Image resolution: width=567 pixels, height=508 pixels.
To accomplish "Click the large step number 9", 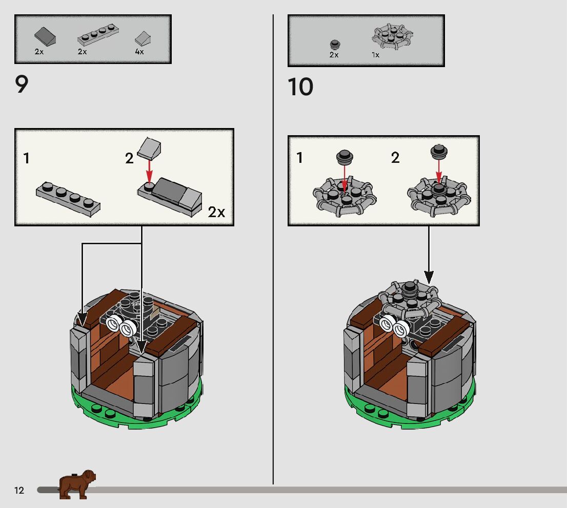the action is click(x=22, y=84).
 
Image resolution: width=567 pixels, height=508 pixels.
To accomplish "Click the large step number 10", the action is click(x=300, y=87).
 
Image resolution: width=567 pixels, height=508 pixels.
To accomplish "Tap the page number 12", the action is click(x=19, y=490).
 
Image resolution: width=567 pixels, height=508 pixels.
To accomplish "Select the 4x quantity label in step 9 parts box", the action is click(x=139, y=52).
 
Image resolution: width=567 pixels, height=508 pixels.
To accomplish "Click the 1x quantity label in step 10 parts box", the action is click(x=375, y=55).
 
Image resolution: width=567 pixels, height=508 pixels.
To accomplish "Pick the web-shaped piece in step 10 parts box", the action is click(x=392, y=36).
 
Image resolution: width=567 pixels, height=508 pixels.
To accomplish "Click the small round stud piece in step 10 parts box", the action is click(x=335, y=45).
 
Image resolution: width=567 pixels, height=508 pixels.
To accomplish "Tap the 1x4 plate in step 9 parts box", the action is click(x=98, y=35).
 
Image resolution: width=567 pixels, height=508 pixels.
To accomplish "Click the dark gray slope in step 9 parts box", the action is click(x=45, y=36).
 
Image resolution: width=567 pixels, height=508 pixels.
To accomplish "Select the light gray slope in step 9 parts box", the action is click(x=143, y=38).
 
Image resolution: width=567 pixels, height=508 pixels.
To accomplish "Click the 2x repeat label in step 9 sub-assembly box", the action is click(x=216, y=212).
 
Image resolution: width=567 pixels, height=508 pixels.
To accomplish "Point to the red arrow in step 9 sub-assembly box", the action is click(x=149, y=172).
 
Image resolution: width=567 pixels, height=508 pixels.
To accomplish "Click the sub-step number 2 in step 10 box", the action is click(x=395, y=158).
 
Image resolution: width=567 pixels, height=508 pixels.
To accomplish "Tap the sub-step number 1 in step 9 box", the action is click(x=26, y=158).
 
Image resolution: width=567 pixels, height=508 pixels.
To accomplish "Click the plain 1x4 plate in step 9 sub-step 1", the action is click(x=68, y=199).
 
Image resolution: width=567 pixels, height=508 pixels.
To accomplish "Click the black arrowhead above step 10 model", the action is click(x=429, y=278).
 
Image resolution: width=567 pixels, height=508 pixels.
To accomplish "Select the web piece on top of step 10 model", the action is click(x=409, y=299).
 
